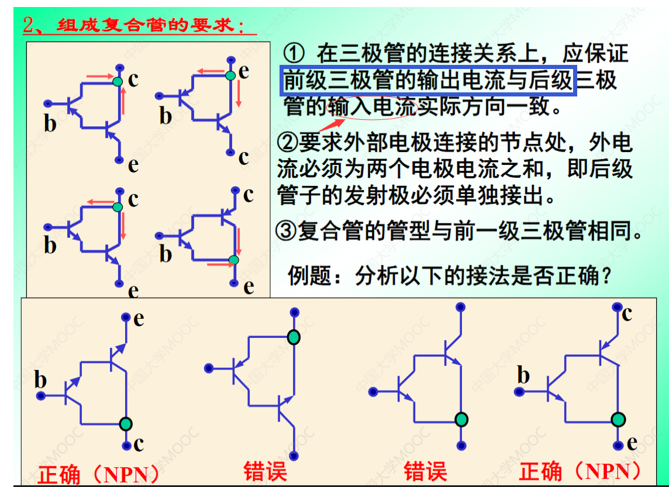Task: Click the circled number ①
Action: click(x=296, y=54)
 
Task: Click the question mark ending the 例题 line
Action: click(x=606, y=275)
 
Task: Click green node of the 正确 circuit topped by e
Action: click(x=126, y=423)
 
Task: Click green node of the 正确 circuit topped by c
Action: click(x=619, y=419)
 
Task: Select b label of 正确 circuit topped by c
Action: click(x=523, y=375)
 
